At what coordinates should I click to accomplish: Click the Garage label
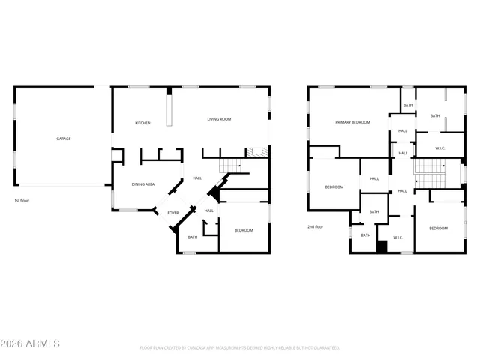tap(64, 139)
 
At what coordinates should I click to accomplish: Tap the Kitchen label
tap(142, 123)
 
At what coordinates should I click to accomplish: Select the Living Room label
tap(219, 119)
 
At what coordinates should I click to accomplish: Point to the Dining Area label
tap(143, 184)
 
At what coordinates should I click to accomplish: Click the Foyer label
tap(173, 213)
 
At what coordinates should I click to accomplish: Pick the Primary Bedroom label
tap(352, 121)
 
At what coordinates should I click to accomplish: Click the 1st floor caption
tap(21, 201)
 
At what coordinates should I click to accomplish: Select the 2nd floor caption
tap(315, 226)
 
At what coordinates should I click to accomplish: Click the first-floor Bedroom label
tap(244, 229)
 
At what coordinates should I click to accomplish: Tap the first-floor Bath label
tap(192, 237)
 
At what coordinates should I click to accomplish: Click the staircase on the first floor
tap(229, 167)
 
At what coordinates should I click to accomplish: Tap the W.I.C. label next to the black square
tap(397, 238)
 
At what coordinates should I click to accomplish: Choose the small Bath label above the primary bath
tap(407, 105)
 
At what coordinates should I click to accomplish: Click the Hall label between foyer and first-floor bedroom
tap(209, 211)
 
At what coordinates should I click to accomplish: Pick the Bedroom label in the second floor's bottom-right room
tap(438, 228)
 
